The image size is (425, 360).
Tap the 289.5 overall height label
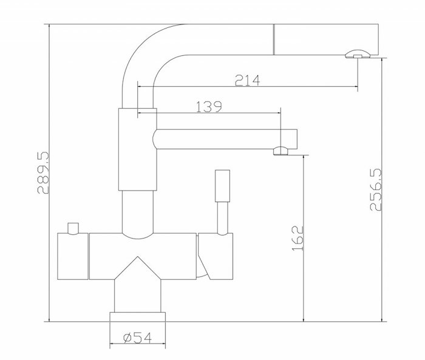point(43,173)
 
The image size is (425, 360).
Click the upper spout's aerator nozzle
point(356,55)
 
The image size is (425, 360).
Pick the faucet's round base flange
point(137,316)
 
